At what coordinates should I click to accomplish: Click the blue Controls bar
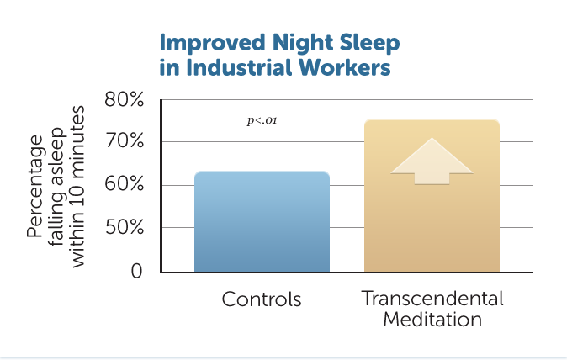tap(262, 221)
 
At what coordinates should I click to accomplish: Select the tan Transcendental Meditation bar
tap(432, 195)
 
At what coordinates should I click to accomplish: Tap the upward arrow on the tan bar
tap(432, 161)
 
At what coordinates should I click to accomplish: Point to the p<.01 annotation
tap(262, 120)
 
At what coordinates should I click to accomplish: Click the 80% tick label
tap(124, 98)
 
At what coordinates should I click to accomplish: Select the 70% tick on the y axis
tap(124, 141)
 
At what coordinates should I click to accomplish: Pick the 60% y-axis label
tap(124, 184)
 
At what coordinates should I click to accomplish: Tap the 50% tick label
tap(124, 227)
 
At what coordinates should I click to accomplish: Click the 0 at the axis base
tap(136, 271)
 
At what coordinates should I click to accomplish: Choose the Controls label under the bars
tap(262, 299)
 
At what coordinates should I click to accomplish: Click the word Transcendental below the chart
tap(432, 299)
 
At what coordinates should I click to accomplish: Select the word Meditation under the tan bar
tap(432, 320)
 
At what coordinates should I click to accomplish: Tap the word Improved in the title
tap(212, 44)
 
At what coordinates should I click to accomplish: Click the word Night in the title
tap(302, 44)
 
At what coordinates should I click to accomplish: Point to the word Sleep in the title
tap(369, 44)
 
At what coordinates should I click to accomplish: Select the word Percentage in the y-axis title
tap(34, 186)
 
